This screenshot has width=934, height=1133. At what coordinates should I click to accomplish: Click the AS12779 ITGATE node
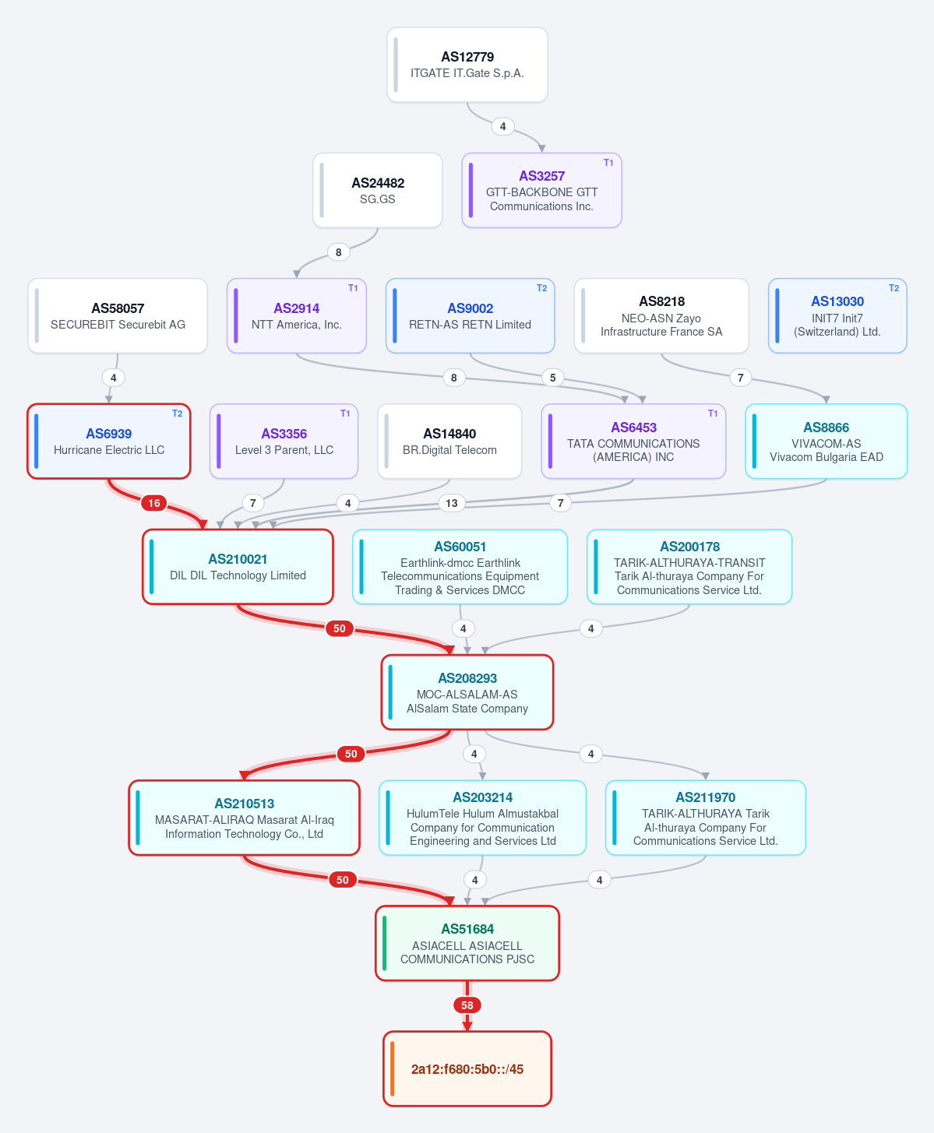(467, 65)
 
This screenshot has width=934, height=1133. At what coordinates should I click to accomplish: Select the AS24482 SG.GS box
(377, 191)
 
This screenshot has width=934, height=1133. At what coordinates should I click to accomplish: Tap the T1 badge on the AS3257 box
(608, 163)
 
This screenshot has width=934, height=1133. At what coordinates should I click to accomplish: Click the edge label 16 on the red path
(154, 503)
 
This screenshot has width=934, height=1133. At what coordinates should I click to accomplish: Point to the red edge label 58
(467, 1005)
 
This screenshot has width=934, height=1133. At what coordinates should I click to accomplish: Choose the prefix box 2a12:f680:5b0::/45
(467, 1068)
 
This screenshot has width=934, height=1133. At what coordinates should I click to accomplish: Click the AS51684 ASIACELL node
(467, 943)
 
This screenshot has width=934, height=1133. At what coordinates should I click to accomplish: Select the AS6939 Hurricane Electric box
(108, 442)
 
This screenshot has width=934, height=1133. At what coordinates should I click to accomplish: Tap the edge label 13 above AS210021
(452, 503)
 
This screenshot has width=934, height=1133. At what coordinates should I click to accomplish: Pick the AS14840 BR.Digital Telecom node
(449, 442)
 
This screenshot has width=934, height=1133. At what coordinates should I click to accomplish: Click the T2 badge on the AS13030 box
(893, 288)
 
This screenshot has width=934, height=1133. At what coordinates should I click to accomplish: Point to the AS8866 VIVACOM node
(826, 442)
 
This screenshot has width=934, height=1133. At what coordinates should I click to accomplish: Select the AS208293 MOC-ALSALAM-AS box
(467, 692)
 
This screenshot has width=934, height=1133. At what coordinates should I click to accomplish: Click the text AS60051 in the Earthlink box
(460, 547)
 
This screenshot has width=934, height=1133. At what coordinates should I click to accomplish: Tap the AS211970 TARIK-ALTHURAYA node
(706, 818)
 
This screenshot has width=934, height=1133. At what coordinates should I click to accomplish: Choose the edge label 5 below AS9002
(553, 378)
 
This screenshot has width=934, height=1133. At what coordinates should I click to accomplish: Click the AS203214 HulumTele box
(482, 818)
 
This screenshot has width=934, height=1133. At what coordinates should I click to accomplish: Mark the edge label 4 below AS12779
(503, 126)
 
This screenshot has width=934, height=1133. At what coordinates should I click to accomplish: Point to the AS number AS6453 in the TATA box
(634, 428)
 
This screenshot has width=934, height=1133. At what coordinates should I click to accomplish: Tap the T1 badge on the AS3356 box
(345, 413)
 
